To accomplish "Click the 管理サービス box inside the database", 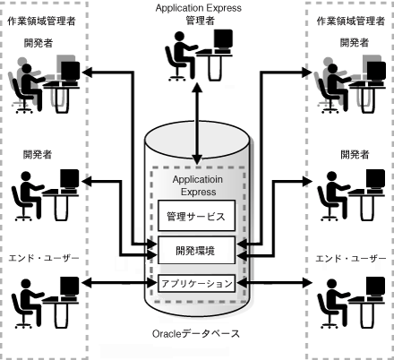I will coord(196,216).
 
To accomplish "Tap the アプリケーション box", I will coord(196,283).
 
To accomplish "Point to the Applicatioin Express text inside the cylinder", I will coord(196,186).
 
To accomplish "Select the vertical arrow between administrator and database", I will coord(196,104).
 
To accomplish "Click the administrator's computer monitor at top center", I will coord(223,42).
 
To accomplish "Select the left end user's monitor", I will coord(69,288).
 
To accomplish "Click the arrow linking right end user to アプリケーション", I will coord(273,285).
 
